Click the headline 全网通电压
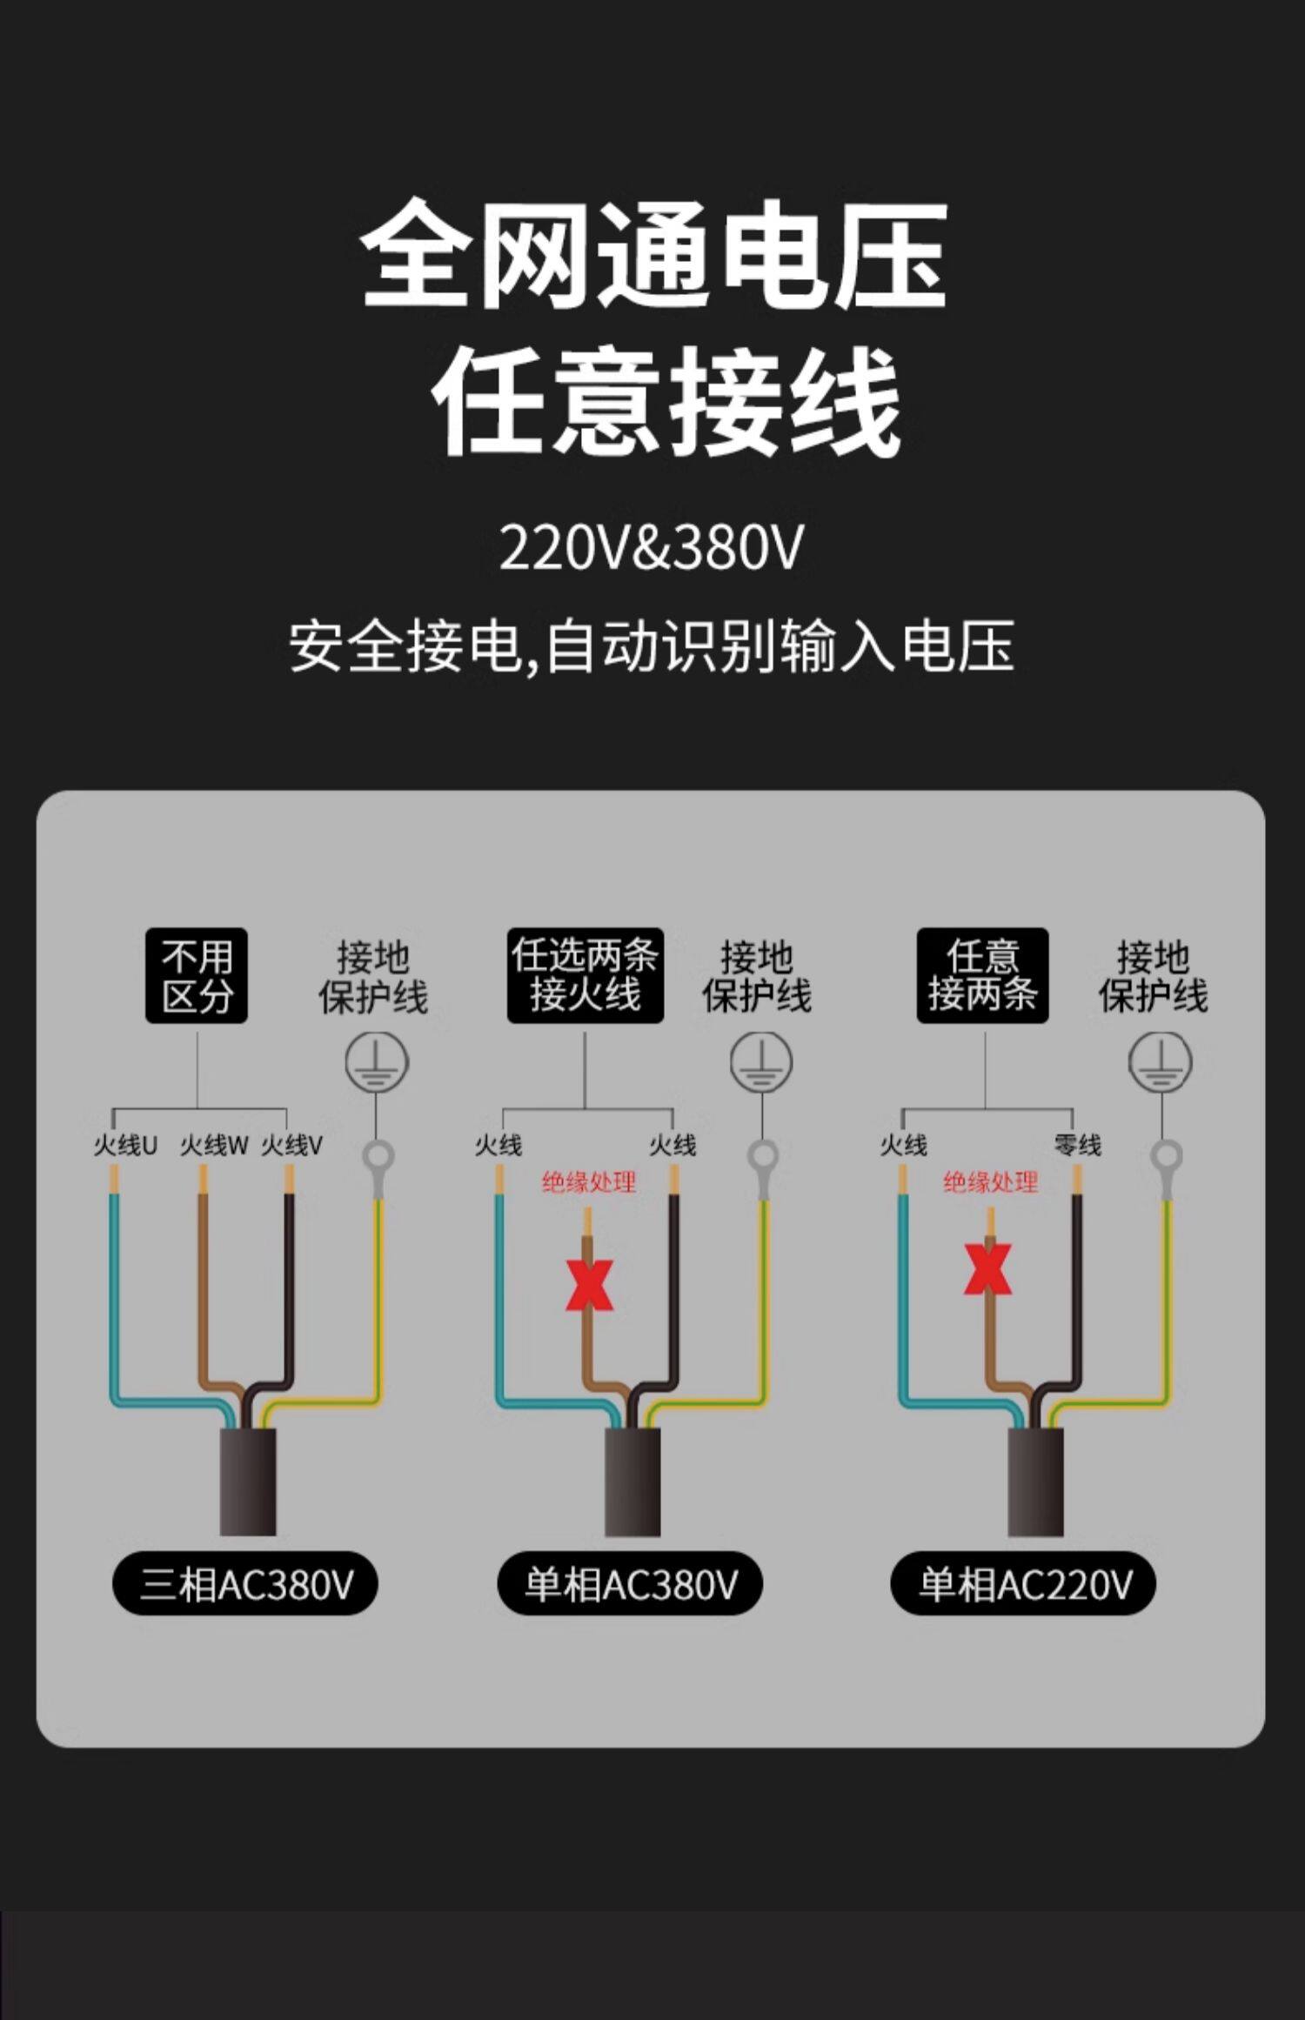coord(652,254)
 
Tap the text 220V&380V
coord(652,547)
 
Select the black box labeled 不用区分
coord(197,975)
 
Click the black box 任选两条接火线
coord(585,975)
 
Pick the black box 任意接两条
coord(982,975)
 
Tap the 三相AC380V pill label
coord(245,1583)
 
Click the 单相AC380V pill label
coord(630,1583)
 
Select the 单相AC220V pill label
coord(1023,1583)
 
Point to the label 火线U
coord(125,1145)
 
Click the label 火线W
coord(214,1145)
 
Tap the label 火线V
coord(292,1145)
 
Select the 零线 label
coord(1078,1145)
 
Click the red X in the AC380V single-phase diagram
coord(589,1284)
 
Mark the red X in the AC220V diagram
coord(987,1269)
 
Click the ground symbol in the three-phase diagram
coord(377,1062)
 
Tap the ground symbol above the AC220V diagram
coord(1160,1062)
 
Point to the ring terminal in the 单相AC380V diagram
coord(763,1158)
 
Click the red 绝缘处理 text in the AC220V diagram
coord(990,1182)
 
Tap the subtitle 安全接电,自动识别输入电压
coord(652,646)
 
